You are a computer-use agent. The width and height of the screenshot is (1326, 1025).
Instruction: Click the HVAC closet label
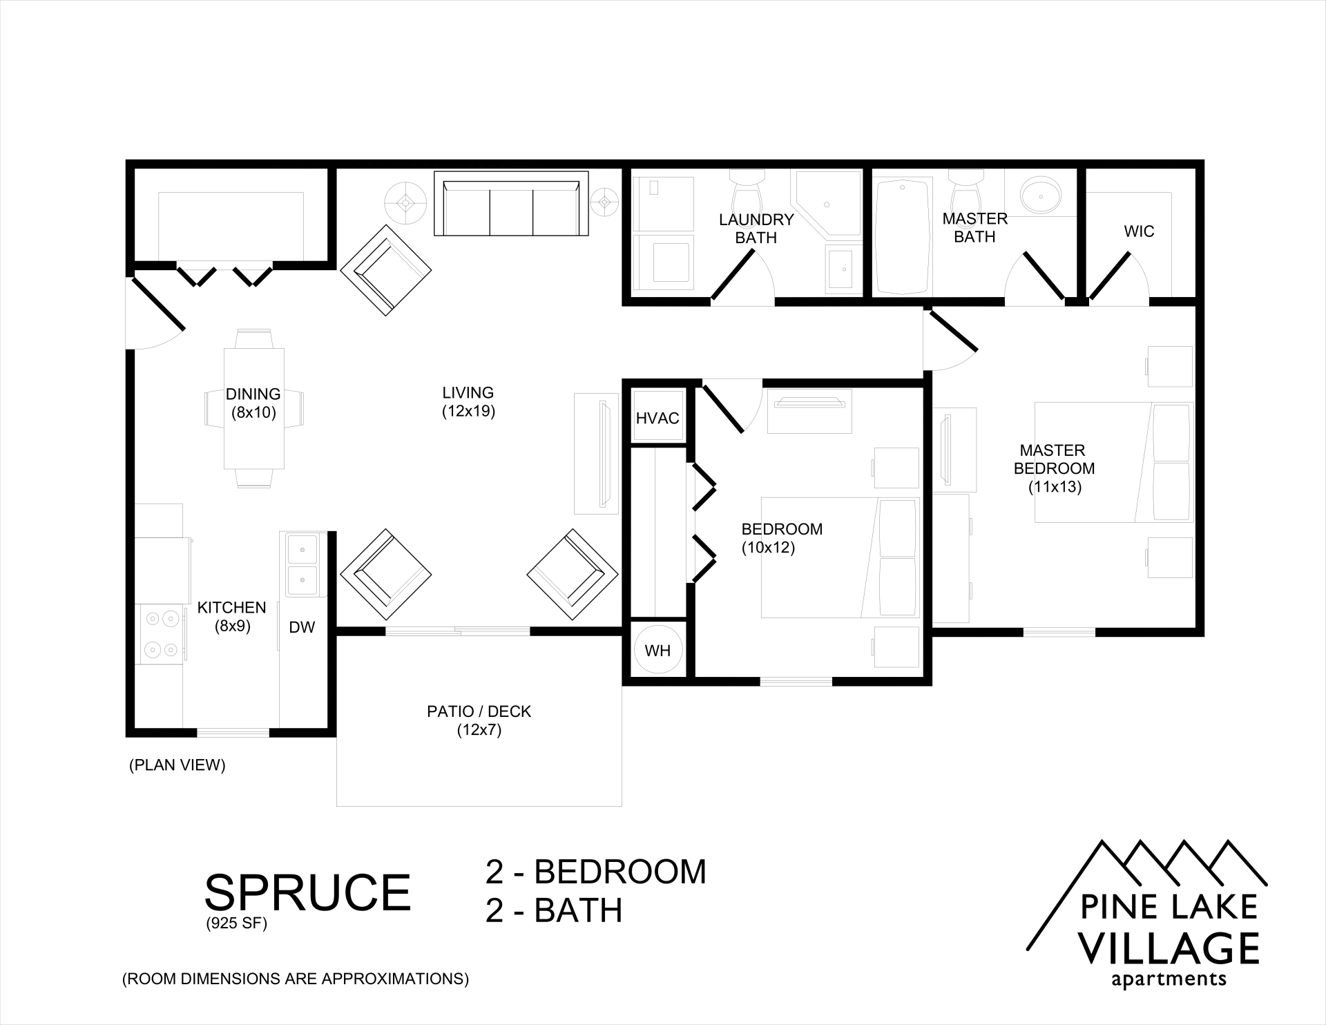[657, 419]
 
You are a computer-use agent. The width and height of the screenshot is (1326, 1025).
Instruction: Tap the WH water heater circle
[657, 651]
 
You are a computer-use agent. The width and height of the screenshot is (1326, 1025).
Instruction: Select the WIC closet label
[1139, 231]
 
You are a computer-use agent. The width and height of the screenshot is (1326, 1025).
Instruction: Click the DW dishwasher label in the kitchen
[302, 627]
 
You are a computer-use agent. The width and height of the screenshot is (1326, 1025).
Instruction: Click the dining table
[254, 409]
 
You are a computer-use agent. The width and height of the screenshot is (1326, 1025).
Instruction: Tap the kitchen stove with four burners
[160, 633]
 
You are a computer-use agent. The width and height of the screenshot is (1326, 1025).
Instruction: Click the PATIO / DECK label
[479, 711]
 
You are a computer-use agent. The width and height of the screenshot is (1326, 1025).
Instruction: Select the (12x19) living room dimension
[469, 412]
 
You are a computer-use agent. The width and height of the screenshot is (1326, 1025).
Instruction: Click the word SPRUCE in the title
[307, 892]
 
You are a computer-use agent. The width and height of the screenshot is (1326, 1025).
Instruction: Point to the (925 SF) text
[236, 924]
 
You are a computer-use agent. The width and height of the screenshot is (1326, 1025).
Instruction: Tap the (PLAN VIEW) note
[177, 765]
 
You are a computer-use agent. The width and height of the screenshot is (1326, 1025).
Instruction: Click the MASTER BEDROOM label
[1054, 459]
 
